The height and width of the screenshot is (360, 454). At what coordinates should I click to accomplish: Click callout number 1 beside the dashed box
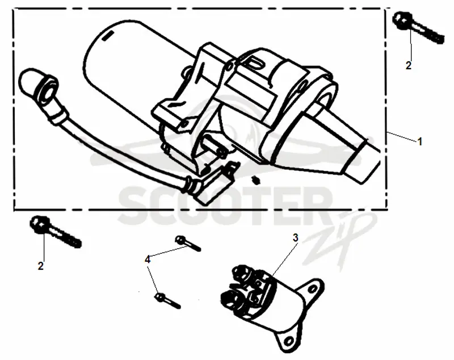(x=419, y=141)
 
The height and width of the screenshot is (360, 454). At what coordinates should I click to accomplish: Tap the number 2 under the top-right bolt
(x=408, y=65)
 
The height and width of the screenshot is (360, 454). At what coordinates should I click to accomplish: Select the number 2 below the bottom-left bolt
(x=41, y=266)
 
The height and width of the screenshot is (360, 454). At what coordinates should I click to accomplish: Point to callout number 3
(x=295, y=238)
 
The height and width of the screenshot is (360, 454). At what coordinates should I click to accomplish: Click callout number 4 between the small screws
(x=148, y=259)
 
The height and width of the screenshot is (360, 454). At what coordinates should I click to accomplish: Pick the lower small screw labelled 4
(x=168, y=300)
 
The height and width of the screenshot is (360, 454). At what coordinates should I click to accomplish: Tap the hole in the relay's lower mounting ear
(x=288, y=341)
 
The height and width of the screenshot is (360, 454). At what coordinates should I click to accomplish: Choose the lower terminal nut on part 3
(x=230, y=298)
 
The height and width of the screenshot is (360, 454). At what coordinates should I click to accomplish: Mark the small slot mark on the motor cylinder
(x=107, y=36)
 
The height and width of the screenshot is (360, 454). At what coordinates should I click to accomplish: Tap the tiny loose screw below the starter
(x=256, y=180)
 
